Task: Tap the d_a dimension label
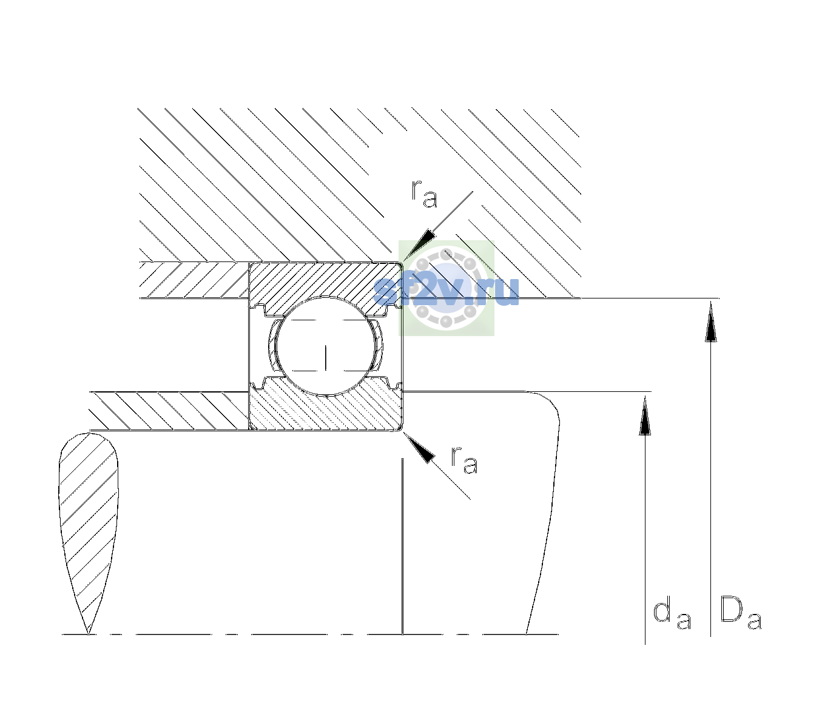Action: [672, 615]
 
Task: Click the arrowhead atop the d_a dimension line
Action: [645, 416]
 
